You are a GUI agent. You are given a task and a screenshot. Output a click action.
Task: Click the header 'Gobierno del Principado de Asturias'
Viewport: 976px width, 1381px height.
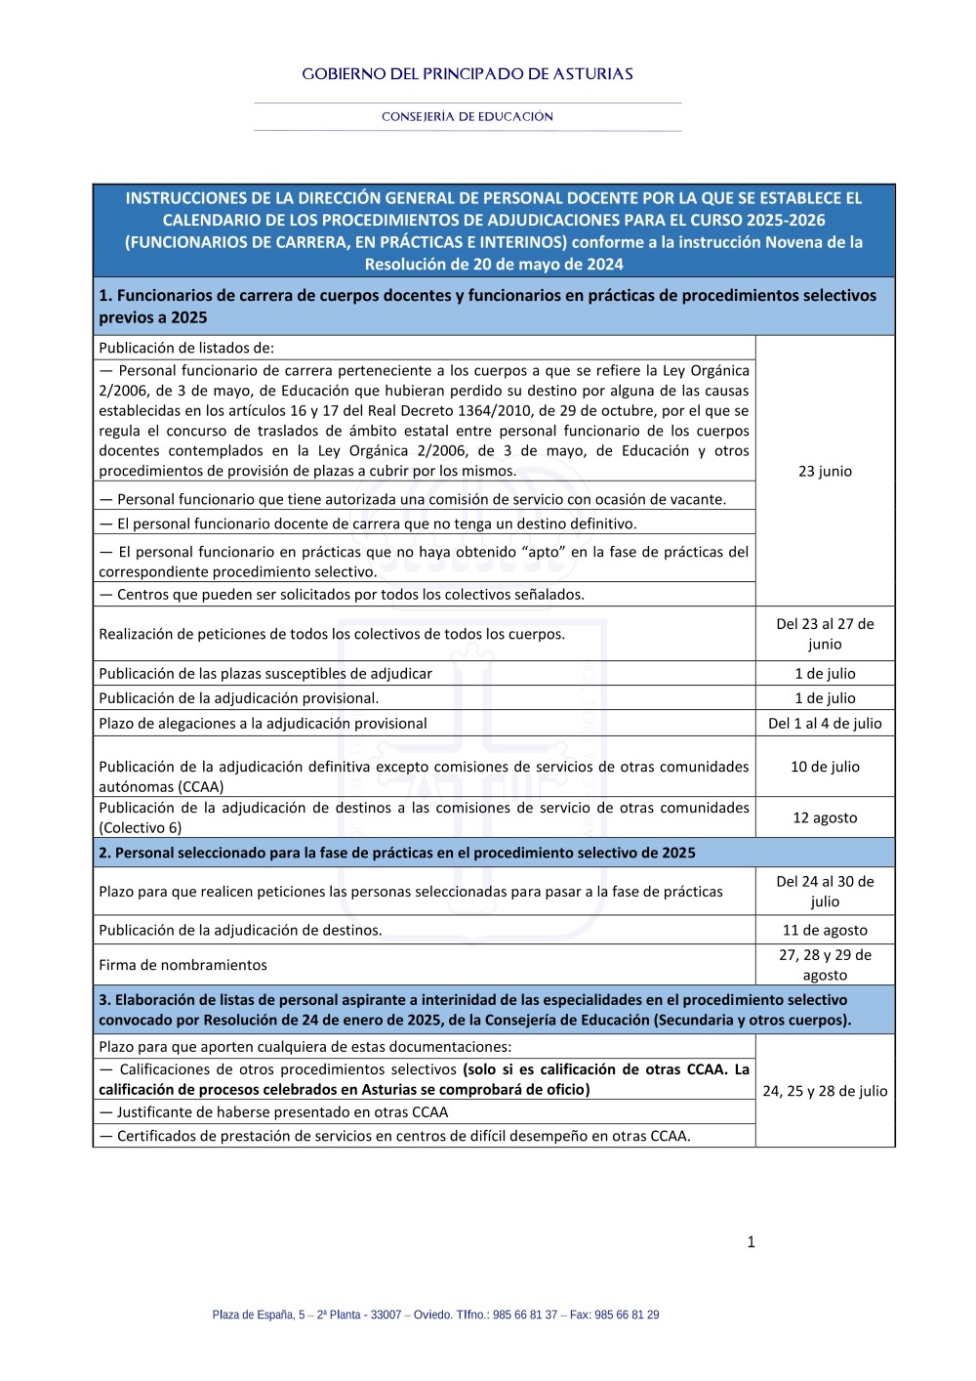click(x=468, y=74)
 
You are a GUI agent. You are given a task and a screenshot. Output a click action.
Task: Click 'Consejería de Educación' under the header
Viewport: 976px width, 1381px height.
click(x=468, y=117)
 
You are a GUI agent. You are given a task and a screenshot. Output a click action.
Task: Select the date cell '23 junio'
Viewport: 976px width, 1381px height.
click(x=825, y=471)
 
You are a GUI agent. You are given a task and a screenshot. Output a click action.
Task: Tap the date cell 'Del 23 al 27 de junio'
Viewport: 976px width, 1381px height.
click(x=825, y=634)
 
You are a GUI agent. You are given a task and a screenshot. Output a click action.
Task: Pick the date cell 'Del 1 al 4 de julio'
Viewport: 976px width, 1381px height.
click(x=825, y=724)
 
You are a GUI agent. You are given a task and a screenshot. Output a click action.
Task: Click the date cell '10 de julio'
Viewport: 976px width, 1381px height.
click(x=825, y=767)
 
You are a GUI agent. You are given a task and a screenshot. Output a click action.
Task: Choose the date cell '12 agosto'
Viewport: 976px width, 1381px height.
click(x=825, y=817)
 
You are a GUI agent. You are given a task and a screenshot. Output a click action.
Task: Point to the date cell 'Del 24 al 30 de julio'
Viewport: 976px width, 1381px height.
click(x=825, y=892)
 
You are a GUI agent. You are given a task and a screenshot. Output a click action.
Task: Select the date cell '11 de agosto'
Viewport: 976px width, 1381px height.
click(x=825, y=931)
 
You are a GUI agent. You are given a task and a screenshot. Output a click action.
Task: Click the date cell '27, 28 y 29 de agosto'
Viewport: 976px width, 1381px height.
click(x=825, y=965)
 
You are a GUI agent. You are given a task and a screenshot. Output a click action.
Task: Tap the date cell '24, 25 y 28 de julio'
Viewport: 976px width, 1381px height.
click(x=825, y=1091)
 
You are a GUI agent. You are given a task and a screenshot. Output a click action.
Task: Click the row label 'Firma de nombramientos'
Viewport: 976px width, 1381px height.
click(x=183, y=965)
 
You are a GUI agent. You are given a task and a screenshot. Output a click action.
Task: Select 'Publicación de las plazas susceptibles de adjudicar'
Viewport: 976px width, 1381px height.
click(x=265, y=674)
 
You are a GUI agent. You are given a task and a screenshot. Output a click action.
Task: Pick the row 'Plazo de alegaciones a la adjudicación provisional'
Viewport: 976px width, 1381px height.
click(x=264, y=724)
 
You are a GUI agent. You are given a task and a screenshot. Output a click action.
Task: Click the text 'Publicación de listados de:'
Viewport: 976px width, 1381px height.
click(x=186, y=348)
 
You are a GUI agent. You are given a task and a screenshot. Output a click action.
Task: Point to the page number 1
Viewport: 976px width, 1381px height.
click(x=751, y=1242)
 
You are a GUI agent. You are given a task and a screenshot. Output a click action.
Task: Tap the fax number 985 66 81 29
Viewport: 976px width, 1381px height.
click(x=627, y=1315)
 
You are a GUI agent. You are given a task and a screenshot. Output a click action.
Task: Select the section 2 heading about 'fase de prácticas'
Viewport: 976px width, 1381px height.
click(x=397, y=853)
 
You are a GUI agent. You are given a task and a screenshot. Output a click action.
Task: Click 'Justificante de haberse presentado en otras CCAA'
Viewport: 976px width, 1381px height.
click(x=274, y=1112)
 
